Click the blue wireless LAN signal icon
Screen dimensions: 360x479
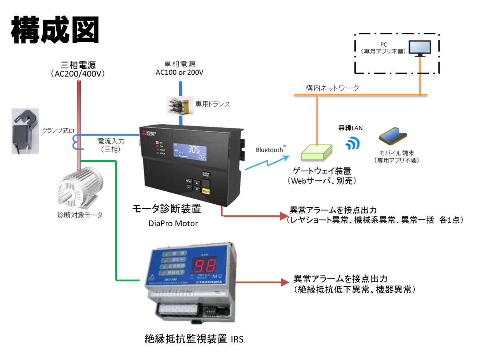(352, 143)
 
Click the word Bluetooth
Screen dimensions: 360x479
(269, 150)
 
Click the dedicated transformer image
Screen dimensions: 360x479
(180, 106)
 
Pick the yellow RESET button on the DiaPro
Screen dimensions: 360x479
(206, 191)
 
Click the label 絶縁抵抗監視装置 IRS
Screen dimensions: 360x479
(194, 340)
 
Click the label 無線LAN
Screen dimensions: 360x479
(351, 127)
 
